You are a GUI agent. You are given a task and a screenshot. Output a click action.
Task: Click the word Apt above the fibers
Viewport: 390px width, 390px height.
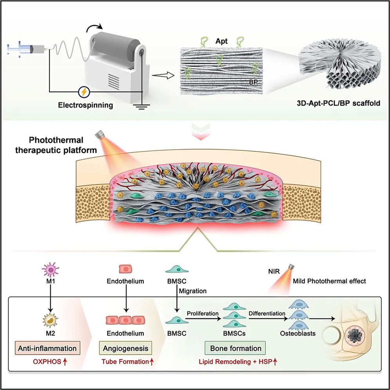click(221, 41)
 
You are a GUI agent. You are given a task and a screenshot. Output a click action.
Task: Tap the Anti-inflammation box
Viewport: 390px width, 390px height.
click(47, 348)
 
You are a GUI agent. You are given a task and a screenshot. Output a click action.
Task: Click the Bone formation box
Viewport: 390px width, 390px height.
click(236, 348)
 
